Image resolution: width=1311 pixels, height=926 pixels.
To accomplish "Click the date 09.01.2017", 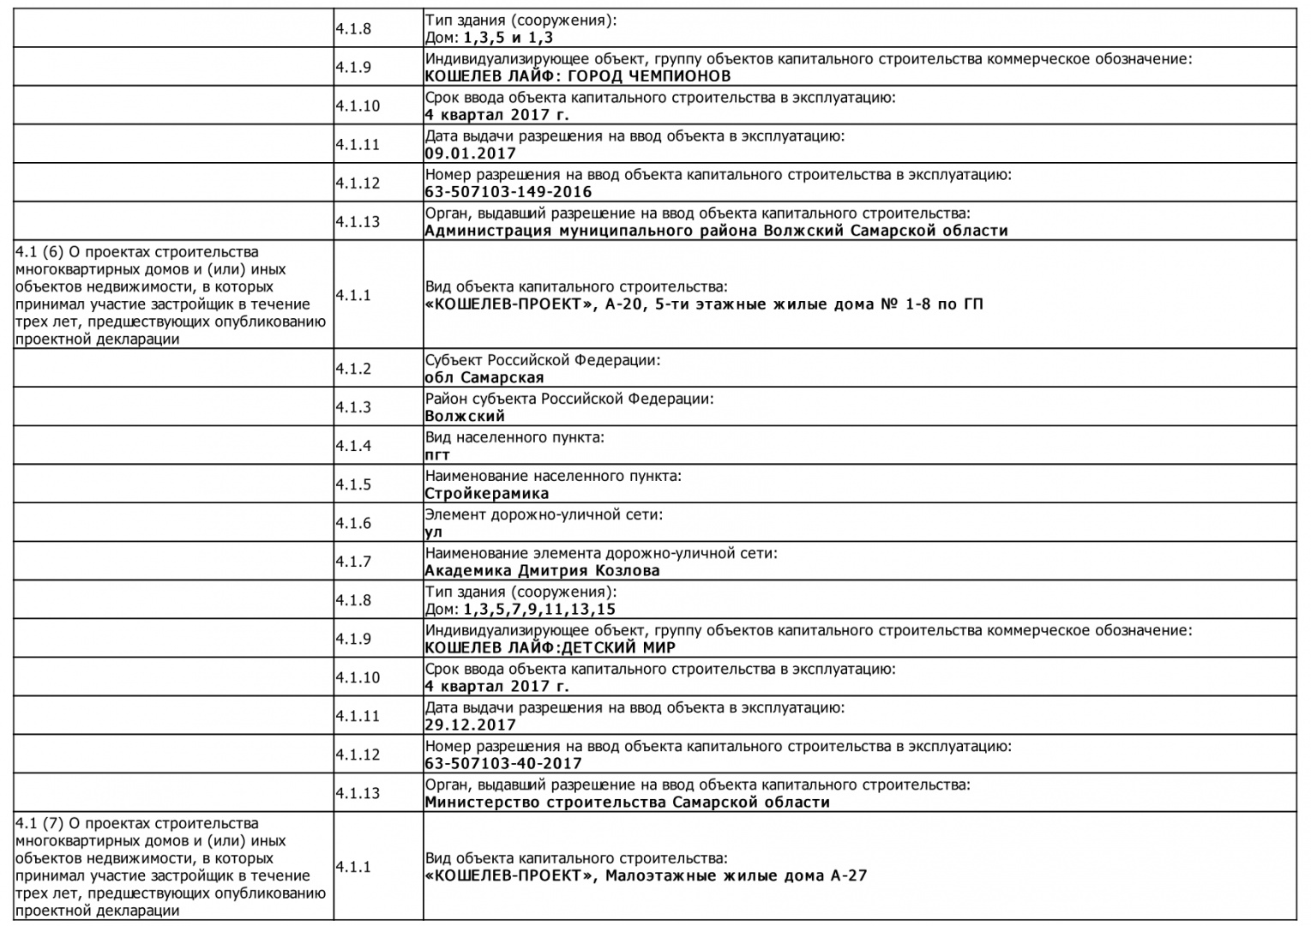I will point(470,153).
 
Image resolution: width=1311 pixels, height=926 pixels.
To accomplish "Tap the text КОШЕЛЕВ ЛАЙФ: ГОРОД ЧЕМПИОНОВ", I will point(578,76).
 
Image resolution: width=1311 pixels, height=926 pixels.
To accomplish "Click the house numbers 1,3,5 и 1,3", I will point(508,38).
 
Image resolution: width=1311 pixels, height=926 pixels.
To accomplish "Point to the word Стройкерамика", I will point(486,494).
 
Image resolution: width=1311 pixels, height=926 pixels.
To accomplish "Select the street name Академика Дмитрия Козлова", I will point(542,571).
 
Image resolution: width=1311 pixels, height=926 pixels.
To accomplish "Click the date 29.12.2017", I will point(470,725).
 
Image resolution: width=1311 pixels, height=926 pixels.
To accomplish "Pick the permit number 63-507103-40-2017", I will point(502,764).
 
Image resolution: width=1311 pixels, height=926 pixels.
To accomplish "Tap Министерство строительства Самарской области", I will point(627,803).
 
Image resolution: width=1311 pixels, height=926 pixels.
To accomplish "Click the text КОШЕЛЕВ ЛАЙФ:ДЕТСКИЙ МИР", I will point(550,648).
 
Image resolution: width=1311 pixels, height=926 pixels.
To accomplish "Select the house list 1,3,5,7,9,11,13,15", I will point(539,610).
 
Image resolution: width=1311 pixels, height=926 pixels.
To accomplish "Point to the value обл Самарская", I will point(484,378).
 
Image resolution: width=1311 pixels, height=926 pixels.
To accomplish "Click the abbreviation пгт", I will point(437,455).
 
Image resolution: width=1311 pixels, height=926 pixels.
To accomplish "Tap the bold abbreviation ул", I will point(434,532).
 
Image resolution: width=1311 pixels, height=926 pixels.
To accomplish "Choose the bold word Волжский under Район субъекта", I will point(465,417).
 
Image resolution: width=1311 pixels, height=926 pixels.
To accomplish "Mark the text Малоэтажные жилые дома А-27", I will point(737,876).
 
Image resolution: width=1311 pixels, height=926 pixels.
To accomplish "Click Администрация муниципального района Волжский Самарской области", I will point(716,231).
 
